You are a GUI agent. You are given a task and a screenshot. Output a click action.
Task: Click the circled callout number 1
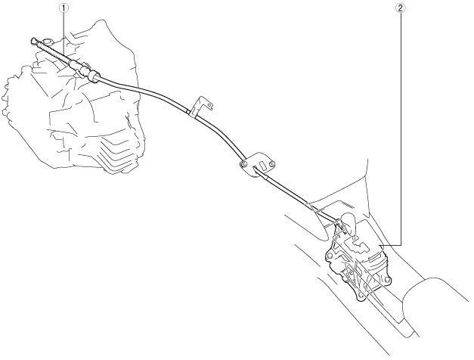tap(64, 9)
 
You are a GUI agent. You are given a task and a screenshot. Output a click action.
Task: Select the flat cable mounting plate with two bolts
tap(256, 161)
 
